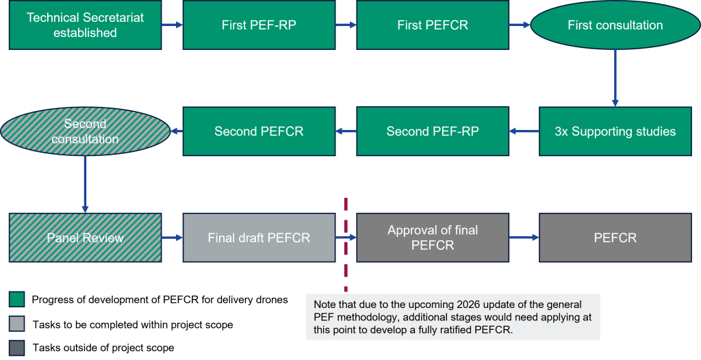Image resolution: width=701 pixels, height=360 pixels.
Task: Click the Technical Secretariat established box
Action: pyautogui.click(x=85, y=25)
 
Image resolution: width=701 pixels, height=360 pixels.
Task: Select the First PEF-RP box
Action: pyautogui.click(x=259, y=25)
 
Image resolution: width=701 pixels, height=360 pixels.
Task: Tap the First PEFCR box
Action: pyautogui.click(x=433, y=25)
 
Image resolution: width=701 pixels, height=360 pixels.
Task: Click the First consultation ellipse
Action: pyautogui.click(x=615, y=25)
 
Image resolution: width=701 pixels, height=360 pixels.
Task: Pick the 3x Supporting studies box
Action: pyautogui.click(x=615, y=131)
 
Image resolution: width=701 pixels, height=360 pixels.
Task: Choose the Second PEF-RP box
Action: pyautogui.click(x=433, y=131)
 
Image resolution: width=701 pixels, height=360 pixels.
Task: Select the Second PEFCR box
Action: pyautogui.click(x=259, y=131)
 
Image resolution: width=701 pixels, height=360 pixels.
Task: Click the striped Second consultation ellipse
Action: pyautogui.click(x=85, y=131)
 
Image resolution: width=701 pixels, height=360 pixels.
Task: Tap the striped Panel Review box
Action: pyautogui.click(x=85, y=238)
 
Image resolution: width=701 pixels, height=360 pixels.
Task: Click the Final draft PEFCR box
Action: pyautogui.click(x=259, y=238)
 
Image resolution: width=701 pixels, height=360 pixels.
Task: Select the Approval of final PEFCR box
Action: pyautogui.click(x=433, y=237)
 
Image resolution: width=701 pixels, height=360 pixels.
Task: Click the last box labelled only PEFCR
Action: pyautogui.click(x=615, y=238)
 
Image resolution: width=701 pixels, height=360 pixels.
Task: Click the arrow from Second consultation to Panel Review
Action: pyautogui.click(x=85, y=183)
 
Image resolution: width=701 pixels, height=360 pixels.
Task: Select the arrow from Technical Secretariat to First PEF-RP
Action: pyautogui.click(x=172, y=25)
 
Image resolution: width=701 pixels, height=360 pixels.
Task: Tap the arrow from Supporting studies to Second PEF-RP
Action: pyautogui.click(x=524, y=131)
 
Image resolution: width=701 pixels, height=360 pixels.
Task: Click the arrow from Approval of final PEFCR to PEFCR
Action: pyautogui.click(x=524, y=238)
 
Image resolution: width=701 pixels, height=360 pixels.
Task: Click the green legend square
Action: pyautogui.click(x=17, y=299)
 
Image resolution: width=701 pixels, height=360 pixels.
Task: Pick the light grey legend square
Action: pyautogui.click(x=17, y=324)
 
